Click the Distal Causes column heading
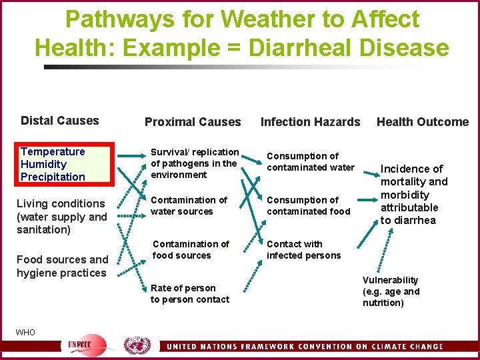click(59, 121)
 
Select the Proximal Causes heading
click(193, 122)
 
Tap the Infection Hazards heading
click(310, 122)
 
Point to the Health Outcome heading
click(423, 122)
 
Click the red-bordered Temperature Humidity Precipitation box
click(53, 164)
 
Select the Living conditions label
click(61, 217)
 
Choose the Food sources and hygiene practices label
click(62, 266)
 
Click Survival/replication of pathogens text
click(195, 163)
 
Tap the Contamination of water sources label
click(189, 205)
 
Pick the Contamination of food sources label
click(191, 249)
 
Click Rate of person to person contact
click(189, 293)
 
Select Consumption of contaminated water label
click(311, 161)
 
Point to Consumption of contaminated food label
click(308, 205)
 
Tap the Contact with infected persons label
click(303, 249)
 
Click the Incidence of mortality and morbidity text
click(414, 195)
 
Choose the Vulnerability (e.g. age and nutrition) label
click(391, 291)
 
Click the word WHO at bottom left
click(25, 332)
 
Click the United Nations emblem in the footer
click(137, 345)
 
